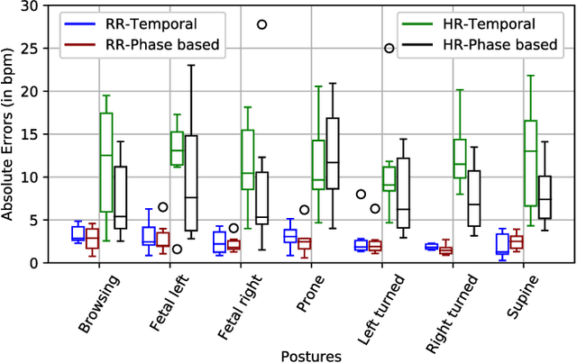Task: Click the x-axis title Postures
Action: (x=309, y=355)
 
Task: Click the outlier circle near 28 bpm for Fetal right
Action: (x=262, y=24)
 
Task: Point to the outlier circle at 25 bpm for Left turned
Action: (x=389, y=49)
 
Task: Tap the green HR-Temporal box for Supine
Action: (x=530, y=162)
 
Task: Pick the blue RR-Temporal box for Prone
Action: (x=290, y=236)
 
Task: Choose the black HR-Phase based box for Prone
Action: (x=332, y=153)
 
